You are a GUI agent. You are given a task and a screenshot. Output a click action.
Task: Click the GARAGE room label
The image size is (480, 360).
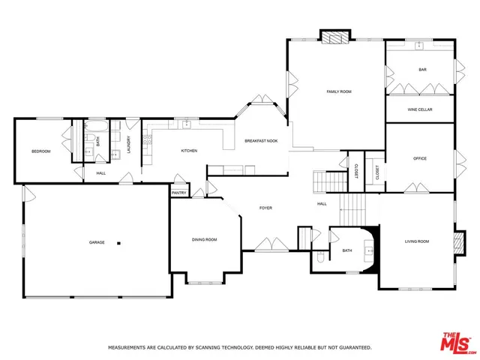click(97, 242)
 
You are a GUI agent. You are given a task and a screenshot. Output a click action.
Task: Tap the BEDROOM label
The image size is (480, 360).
click(40, 151)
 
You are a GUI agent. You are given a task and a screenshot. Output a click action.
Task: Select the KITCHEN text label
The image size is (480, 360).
click(189, 151)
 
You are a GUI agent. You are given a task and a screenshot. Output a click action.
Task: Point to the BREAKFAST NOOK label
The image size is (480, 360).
click(261, 141)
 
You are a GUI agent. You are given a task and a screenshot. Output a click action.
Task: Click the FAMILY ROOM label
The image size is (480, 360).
click(339, 91)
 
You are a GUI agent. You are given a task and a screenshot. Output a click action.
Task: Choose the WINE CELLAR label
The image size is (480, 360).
click(420, 109)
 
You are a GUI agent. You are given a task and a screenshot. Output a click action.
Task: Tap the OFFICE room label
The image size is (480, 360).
click(420, 158)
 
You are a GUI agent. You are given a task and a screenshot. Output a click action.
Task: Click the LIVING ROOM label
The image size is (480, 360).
click(417, 241)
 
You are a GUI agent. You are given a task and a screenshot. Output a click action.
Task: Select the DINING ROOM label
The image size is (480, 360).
click(204, 239)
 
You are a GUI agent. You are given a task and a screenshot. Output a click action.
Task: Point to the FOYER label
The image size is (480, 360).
click(265, 207)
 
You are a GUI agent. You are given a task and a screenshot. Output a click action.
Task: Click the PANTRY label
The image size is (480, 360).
click(178, 193)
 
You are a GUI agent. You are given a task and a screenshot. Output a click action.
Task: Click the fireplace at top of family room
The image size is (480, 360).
click(335, 35)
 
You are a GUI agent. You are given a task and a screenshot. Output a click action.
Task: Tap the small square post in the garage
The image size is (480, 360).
click(118, 241)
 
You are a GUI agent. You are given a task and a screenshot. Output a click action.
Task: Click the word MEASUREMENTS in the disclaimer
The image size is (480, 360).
click(129, 348)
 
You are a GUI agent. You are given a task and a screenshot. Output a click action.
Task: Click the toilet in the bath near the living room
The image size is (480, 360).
click(320, 257)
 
